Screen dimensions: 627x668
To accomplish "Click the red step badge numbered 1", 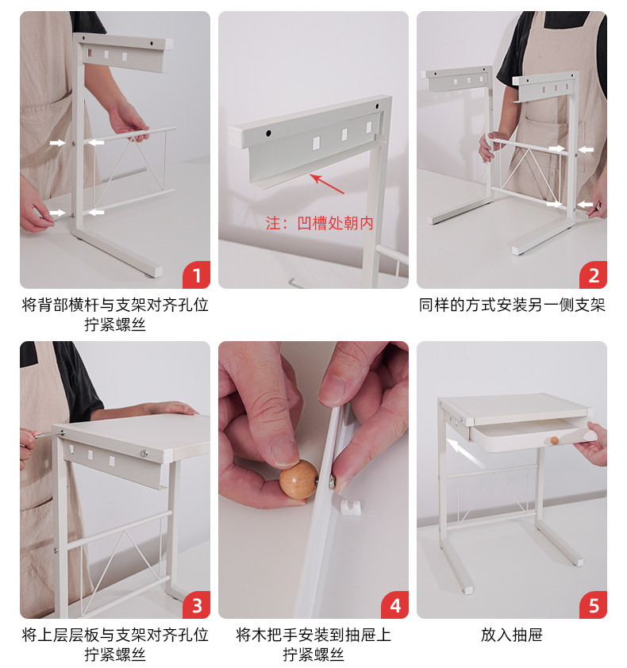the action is tap(197, 274).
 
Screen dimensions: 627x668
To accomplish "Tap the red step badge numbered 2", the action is tap(594, 274).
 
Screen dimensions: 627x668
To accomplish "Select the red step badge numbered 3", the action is tap(197, 605).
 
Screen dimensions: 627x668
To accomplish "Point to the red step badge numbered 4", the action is tap(395, 605).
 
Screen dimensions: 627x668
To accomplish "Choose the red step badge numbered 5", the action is tap(594, 605).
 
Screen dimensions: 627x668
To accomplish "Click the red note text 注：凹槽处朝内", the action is tap(320, 223).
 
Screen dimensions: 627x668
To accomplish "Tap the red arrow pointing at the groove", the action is tap(326, 183).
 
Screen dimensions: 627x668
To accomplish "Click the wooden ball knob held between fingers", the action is tap(298, 479).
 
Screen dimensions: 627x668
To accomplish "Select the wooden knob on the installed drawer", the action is tap(554, 440).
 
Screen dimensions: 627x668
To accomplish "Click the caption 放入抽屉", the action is tap(511, 635).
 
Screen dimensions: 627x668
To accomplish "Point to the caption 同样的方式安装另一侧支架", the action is tap(512, 305).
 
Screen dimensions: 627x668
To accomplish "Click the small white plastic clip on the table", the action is tap(351, 507).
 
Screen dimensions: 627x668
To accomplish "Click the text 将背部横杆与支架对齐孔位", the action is tap(115, 305).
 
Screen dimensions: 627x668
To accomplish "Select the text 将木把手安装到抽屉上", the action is tap(313, 635).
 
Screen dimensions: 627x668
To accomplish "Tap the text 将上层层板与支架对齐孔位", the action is tap(115, 635).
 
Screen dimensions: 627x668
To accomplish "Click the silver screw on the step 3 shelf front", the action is tap(145, 454).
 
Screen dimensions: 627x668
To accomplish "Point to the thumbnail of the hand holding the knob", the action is tap(313, 480).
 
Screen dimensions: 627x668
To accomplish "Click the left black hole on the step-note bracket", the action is tap(268, 133).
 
